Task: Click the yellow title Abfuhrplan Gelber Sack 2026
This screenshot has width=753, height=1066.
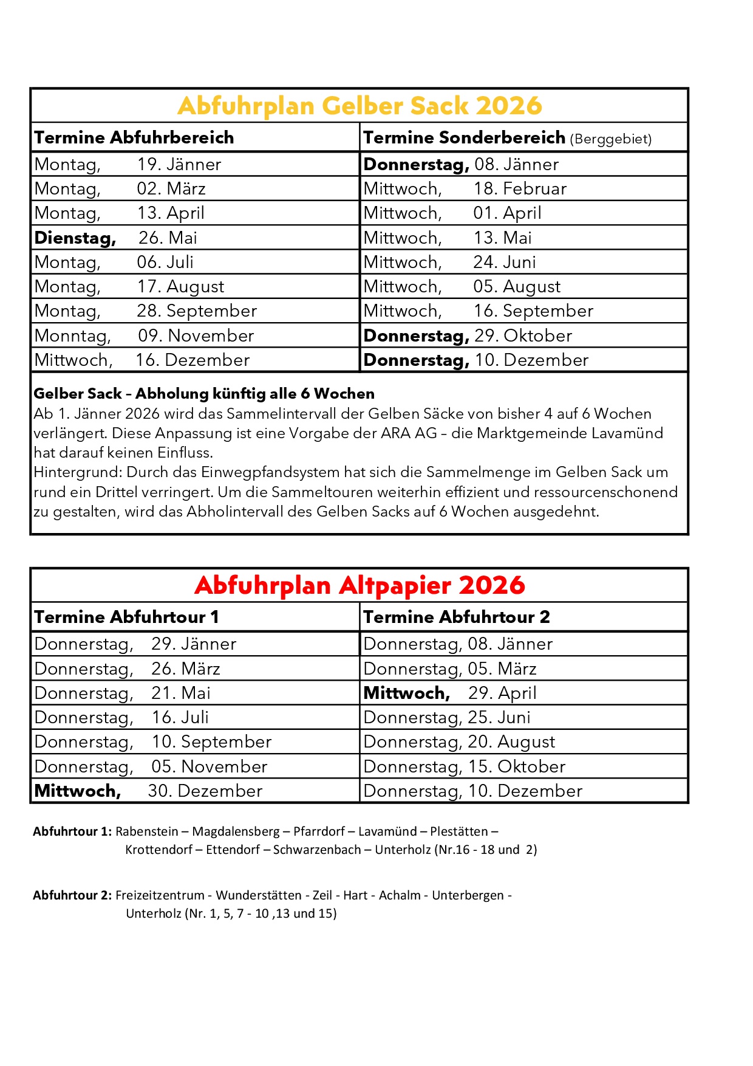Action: coord(359,106)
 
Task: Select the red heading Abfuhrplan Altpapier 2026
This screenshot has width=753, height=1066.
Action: coord(359,585)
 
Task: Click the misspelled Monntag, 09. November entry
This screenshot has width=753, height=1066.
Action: coord(144,335)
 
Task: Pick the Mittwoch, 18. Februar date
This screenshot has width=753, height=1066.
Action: coord(465,188)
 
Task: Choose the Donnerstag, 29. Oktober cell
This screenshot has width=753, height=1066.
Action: coord(468,335)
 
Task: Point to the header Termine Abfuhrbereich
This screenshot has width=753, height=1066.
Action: coord(134,137)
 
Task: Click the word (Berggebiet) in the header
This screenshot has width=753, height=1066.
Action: coord(610,139)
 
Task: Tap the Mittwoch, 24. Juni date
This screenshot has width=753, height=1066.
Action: coord(449,262)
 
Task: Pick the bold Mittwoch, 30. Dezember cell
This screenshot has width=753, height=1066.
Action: coord(148,791)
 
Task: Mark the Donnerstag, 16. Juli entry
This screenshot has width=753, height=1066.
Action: coord(121,717)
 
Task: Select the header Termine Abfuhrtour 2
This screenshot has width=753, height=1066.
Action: coord(457,617)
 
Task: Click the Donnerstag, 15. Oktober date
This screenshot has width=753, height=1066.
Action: coord(464,766)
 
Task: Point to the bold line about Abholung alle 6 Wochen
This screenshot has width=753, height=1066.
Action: coord(204,394)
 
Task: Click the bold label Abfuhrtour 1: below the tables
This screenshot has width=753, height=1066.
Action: coord(72,831)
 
